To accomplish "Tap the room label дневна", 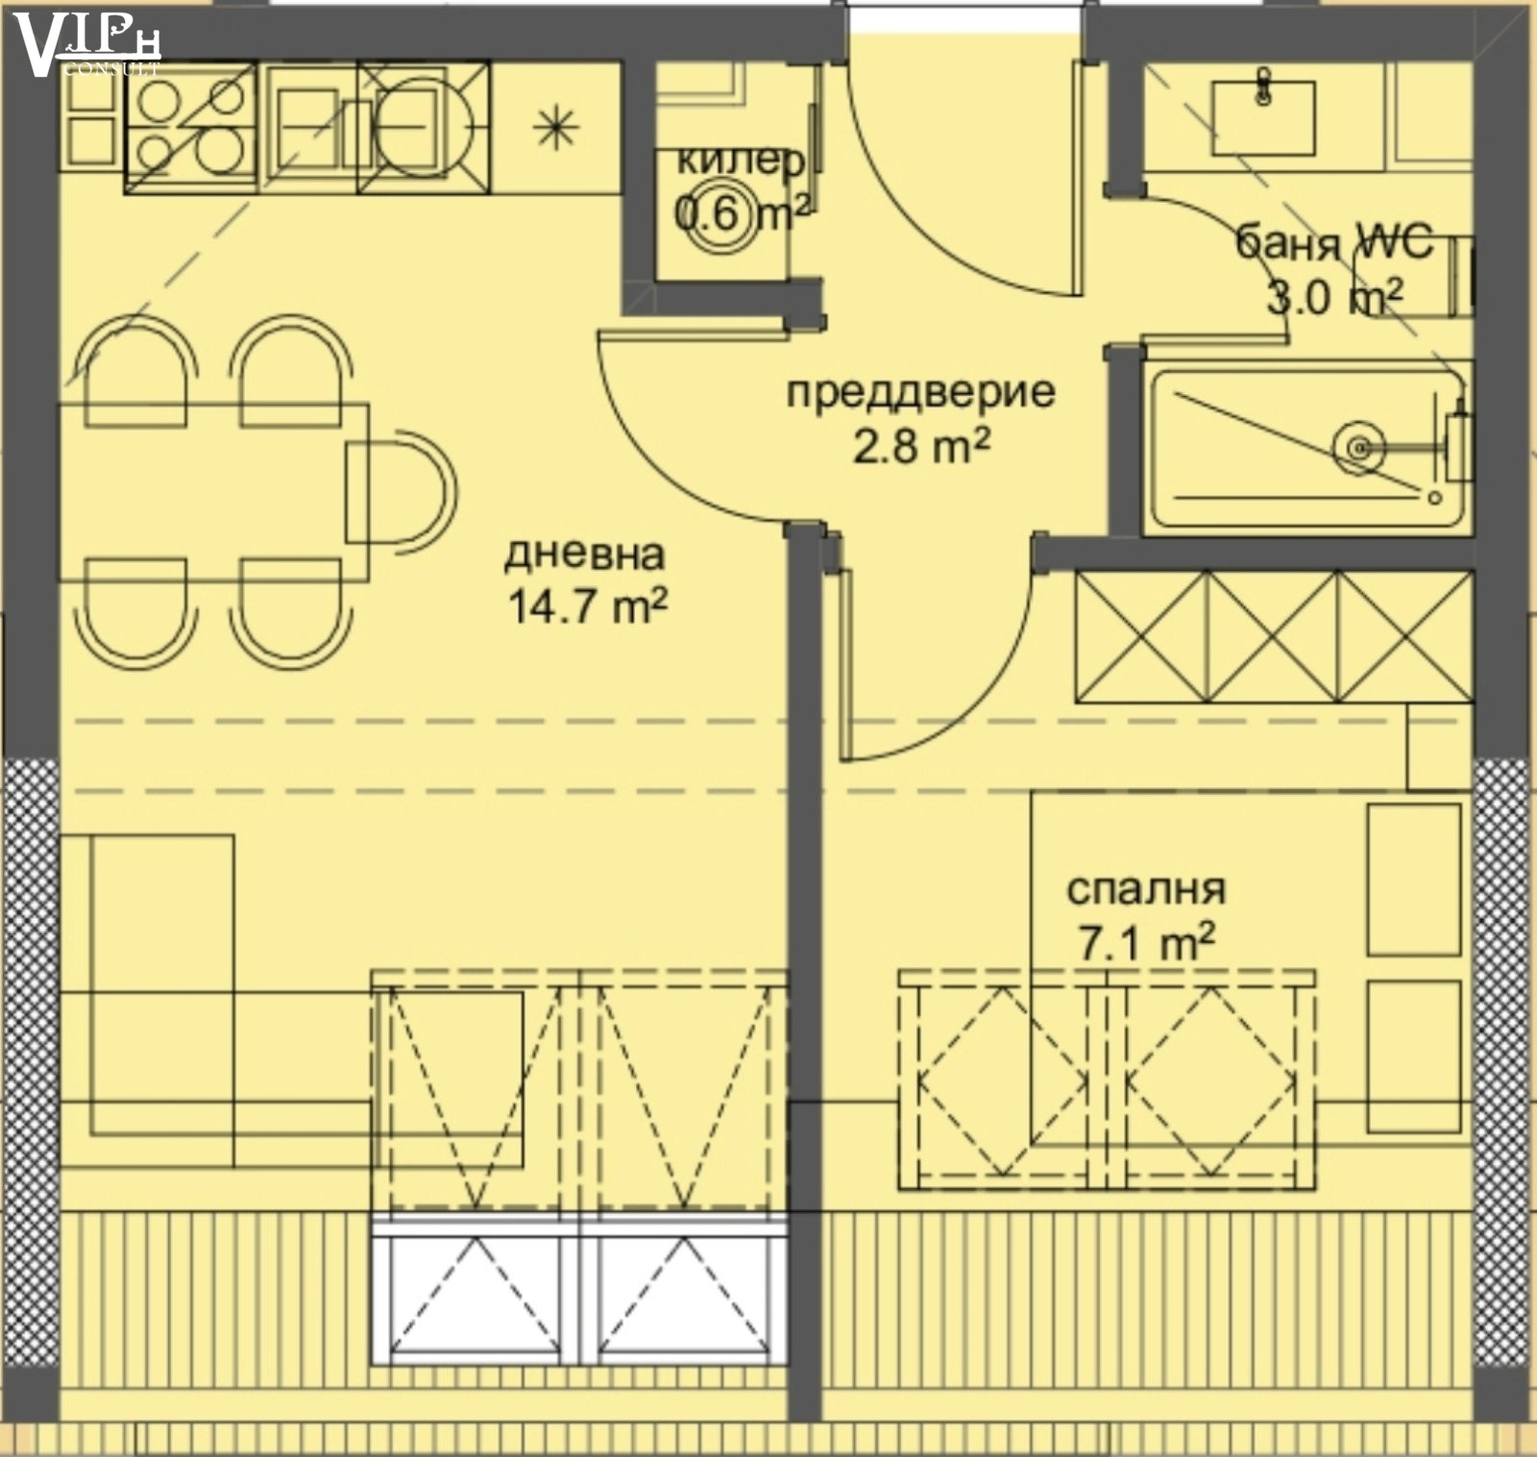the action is click(585, 554).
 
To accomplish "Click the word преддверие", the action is click(920, 392).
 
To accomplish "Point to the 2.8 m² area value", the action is click(921, 446).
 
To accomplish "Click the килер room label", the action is click(741, 161).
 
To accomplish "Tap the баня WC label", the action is click(1333, 241).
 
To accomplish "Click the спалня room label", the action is click(1146, 889).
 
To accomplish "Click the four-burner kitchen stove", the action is click(190, 127).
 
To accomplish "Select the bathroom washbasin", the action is click(1263, 117).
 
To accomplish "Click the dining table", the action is click(214, 492).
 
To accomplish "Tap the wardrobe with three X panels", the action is click(1273, 636).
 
